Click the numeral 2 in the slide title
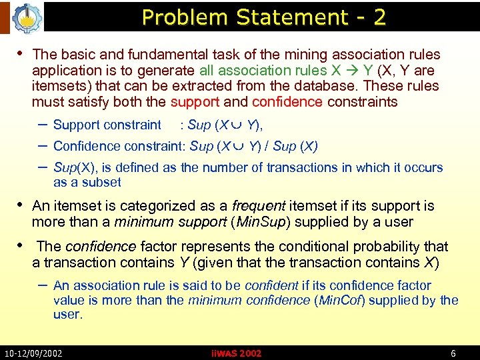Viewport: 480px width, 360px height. click(x=379, y=17)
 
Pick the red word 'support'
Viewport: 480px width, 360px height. click(x=194, y=102)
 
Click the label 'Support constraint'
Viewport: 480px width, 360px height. click(x=107, y=125)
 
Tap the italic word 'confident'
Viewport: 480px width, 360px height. click(x=271, y=285)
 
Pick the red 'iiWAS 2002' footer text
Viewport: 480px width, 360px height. click(x=236, y=353)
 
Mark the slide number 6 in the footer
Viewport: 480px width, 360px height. click(x=453, y=353)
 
